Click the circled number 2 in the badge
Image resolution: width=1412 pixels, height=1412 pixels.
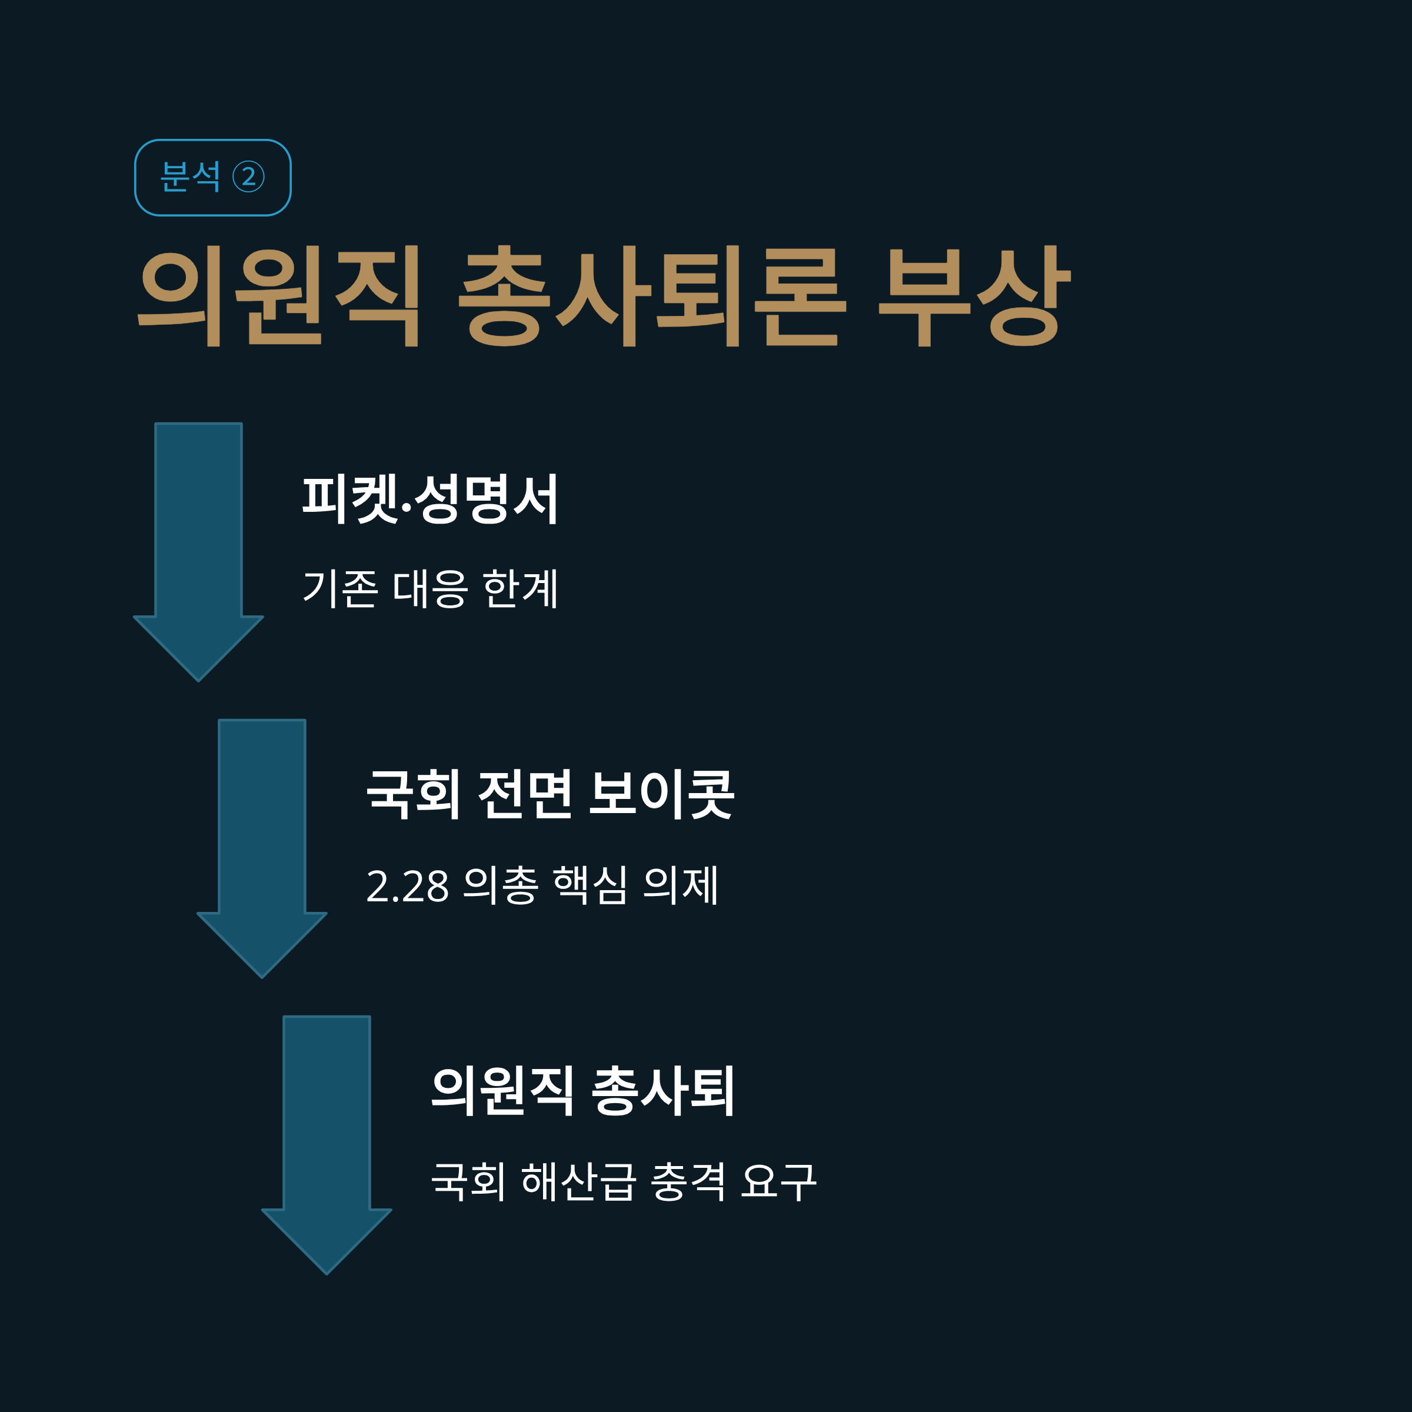click(x=248, y=177)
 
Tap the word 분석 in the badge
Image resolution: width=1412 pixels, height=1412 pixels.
click(x=190, y=177)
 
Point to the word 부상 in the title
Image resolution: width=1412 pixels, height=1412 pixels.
click(x=974, y=296)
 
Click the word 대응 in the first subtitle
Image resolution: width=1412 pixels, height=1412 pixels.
click(x=429, y=589)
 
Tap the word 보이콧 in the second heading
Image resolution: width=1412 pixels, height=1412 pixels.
click(x=661, y=794)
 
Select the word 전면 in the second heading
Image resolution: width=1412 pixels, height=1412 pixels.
click(x=525, y=794)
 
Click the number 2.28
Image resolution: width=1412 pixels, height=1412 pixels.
click(x=407, y=887)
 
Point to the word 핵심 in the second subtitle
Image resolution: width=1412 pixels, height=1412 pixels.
click(x=590, y=887)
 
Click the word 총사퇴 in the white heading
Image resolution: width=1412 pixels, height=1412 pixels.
click(x=662, y=1092)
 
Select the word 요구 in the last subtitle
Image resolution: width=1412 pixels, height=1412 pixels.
click(x=778, y=1182)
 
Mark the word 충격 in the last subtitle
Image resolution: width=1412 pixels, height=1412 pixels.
click(x=688, y=1182)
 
